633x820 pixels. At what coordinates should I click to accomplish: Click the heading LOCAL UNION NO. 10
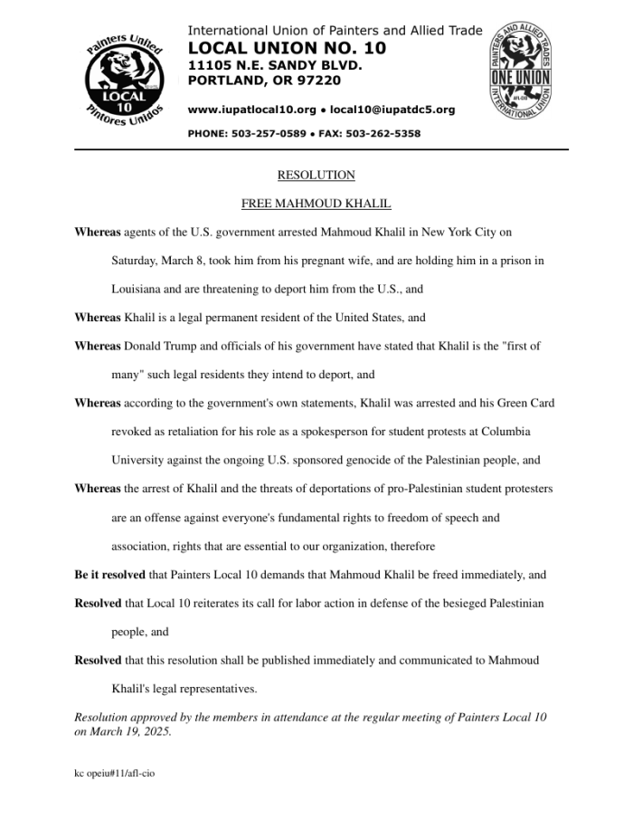pos(287,48)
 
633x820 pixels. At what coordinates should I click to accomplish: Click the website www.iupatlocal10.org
pos(251,110)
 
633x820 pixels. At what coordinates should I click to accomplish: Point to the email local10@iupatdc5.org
pos(392,110)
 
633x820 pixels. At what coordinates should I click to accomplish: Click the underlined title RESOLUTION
pos(316,175)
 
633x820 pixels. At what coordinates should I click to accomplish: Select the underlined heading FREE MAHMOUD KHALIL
pos(316,204)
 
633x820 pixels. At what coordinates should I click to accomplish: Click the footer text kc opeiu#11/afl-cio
pos(114,775)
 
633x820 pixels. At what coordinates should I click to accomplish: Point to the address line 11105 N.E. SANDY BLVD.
pos(275,65)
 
